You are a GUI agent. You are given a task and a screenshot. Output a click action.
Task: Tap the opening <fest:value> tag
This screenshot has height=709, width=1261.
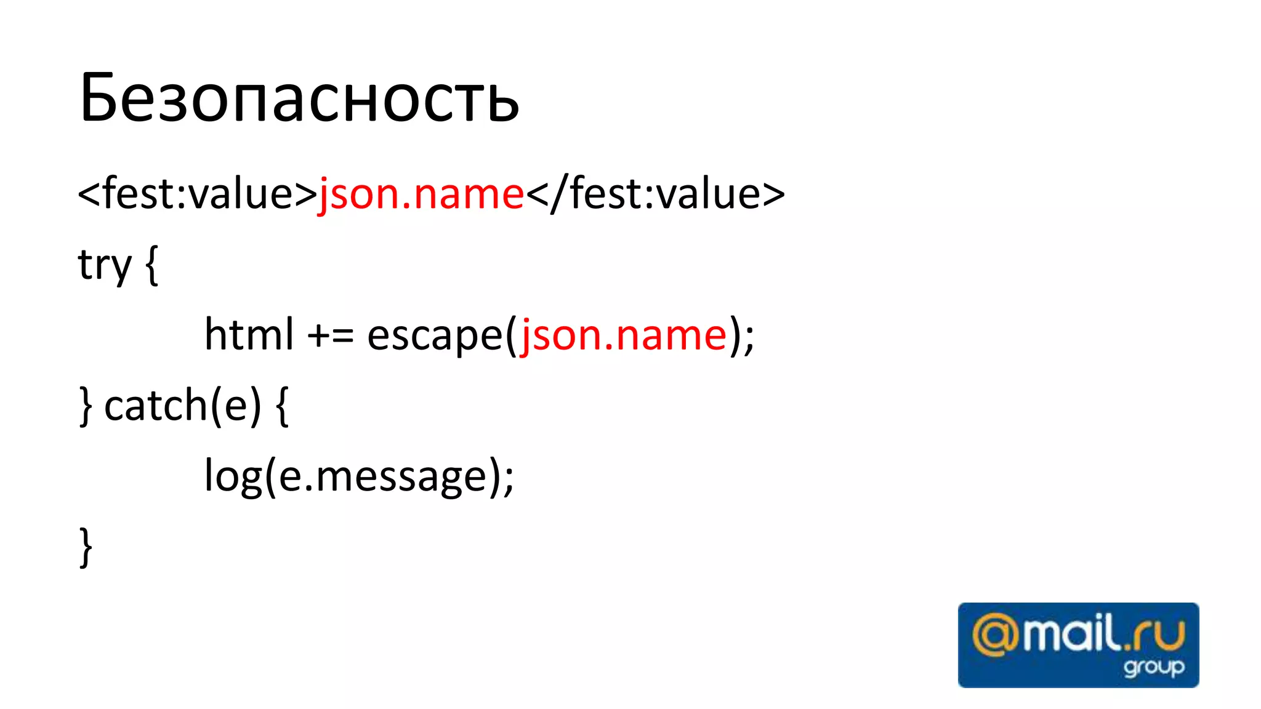coord(197,194)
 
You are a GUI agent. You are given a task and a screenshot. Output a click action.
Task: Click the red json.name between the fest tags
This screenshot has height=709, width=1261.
coord(421,194)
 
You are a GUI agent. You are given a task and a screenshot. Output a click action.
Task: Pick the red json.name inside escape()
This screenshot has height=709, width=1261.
coord(624,335)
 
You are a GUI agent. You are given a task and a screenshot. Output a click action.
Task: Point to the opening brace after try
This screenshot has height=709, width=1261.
coord(151,265)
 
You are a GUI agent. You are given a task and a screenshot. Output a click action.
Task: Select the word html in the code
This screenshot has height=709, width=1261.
coord(249,335)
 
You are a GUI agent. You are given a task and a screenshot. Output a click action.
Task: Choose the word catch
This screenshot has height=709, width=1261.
coord(156,406)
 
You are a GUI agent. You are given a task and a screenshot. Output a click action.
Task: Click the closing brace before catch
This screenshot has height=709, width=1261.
coord(86,407)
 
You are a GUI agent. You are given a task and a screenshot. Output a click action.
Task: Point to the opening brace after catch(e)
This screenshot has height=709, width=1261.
coord(282,407)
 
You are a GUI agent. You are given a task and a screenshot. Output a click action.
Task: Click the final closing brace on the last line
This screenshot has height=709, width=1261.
coord(86,547)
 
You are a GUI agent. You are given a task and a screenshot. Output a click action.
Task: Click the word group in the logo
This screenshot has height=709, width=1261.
coord(1153,667)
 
